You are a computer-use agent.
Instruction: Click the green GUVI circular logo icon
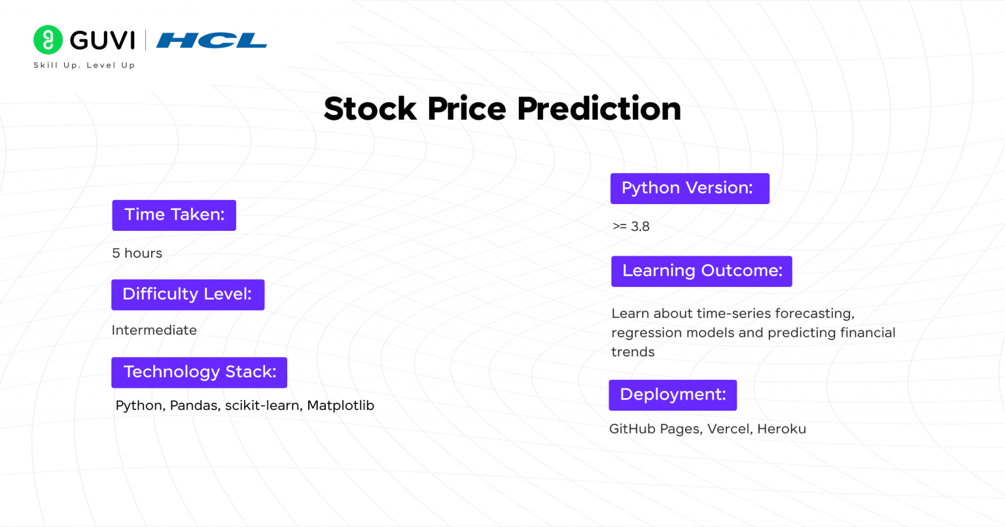tap(48, 40)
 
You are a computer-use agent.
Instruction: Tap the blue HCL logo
tap(211, 41)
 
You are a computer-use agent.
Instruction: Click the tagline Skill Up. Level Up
tap(84, 65)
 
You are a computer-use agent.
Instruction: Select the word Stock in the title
tap(370, 109)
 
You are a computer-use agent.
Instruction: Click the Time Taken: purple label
tap(174, 215)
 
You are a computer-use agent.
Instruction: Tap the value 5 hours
tap(137, 253)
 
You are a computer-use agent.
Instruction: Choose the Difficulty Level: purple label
tap(188, 294)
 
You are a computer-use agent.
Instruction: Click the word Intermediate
tap(154, 330)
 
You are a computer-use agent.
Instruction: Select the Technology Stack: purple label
tap(199, 372)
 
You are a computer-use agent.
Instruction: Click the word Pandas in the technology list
tap(194, 405)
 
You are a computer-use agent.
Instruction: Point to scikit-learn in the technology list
tap(262, 405)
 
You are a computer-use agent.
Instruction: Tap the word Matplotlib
tap(340, 405)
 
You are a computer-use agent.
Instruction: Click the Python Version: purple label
tap(690, 188)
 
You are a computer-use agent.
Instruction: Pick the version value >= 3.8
tap(631, 226)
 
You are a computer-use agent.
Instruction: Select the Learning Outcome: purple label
tap(701, 271)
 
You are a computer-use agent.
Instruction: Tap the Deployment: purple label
tap(673, 395)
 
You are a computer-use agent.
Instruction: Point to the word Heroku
tap(781, 429)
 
